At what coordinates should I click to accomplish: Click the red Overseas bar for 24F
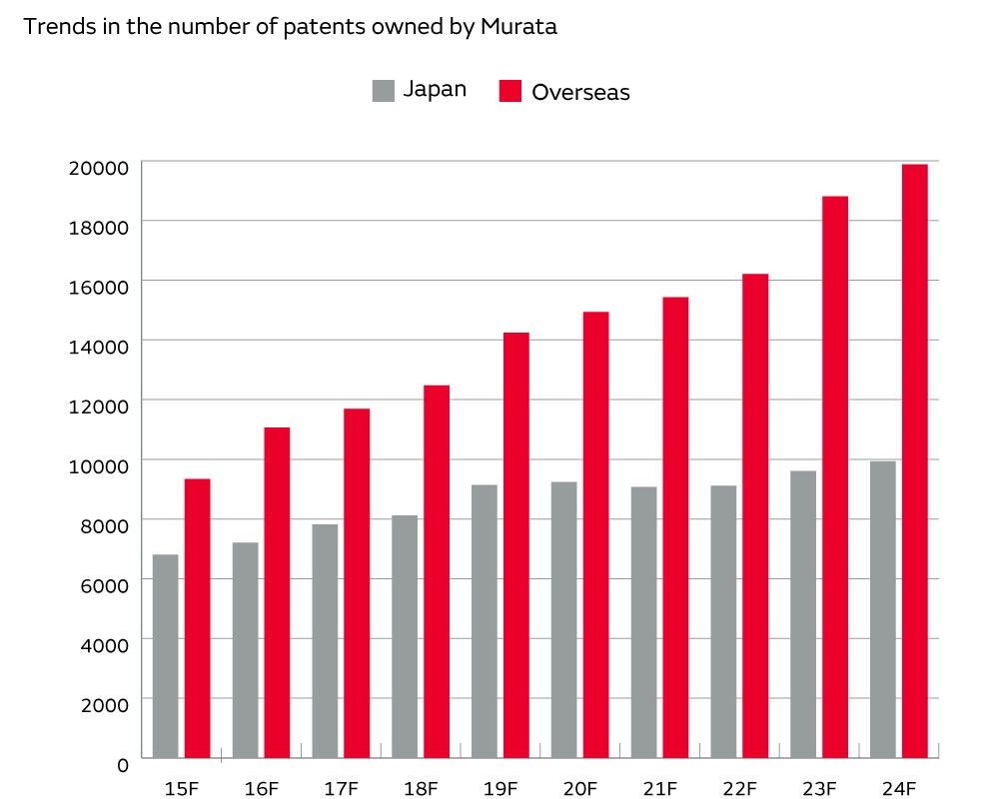click(914, 459)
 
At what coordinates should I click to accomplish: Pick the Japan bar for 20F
click(563, 619)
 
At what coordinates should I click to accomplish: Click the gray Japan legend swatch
click(384, 90)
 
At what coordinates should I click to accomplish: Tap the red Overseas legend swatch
click(510, 91)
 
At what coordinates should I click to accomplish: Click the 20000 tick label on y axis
click(98, 168)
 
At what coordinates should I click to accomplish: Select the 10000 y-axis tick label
click(98, 466)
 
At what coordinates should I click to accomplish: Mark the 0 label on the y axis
click(123, 765)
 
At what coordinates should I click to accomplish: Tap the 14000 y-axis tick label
click(98, 347)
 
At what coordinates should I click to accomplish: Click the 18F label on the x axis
click(421, 789)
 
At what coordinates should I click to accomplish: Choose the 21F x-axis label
click(659, 789)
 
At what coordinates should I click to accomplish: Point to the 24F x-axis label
click(899, 789)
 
